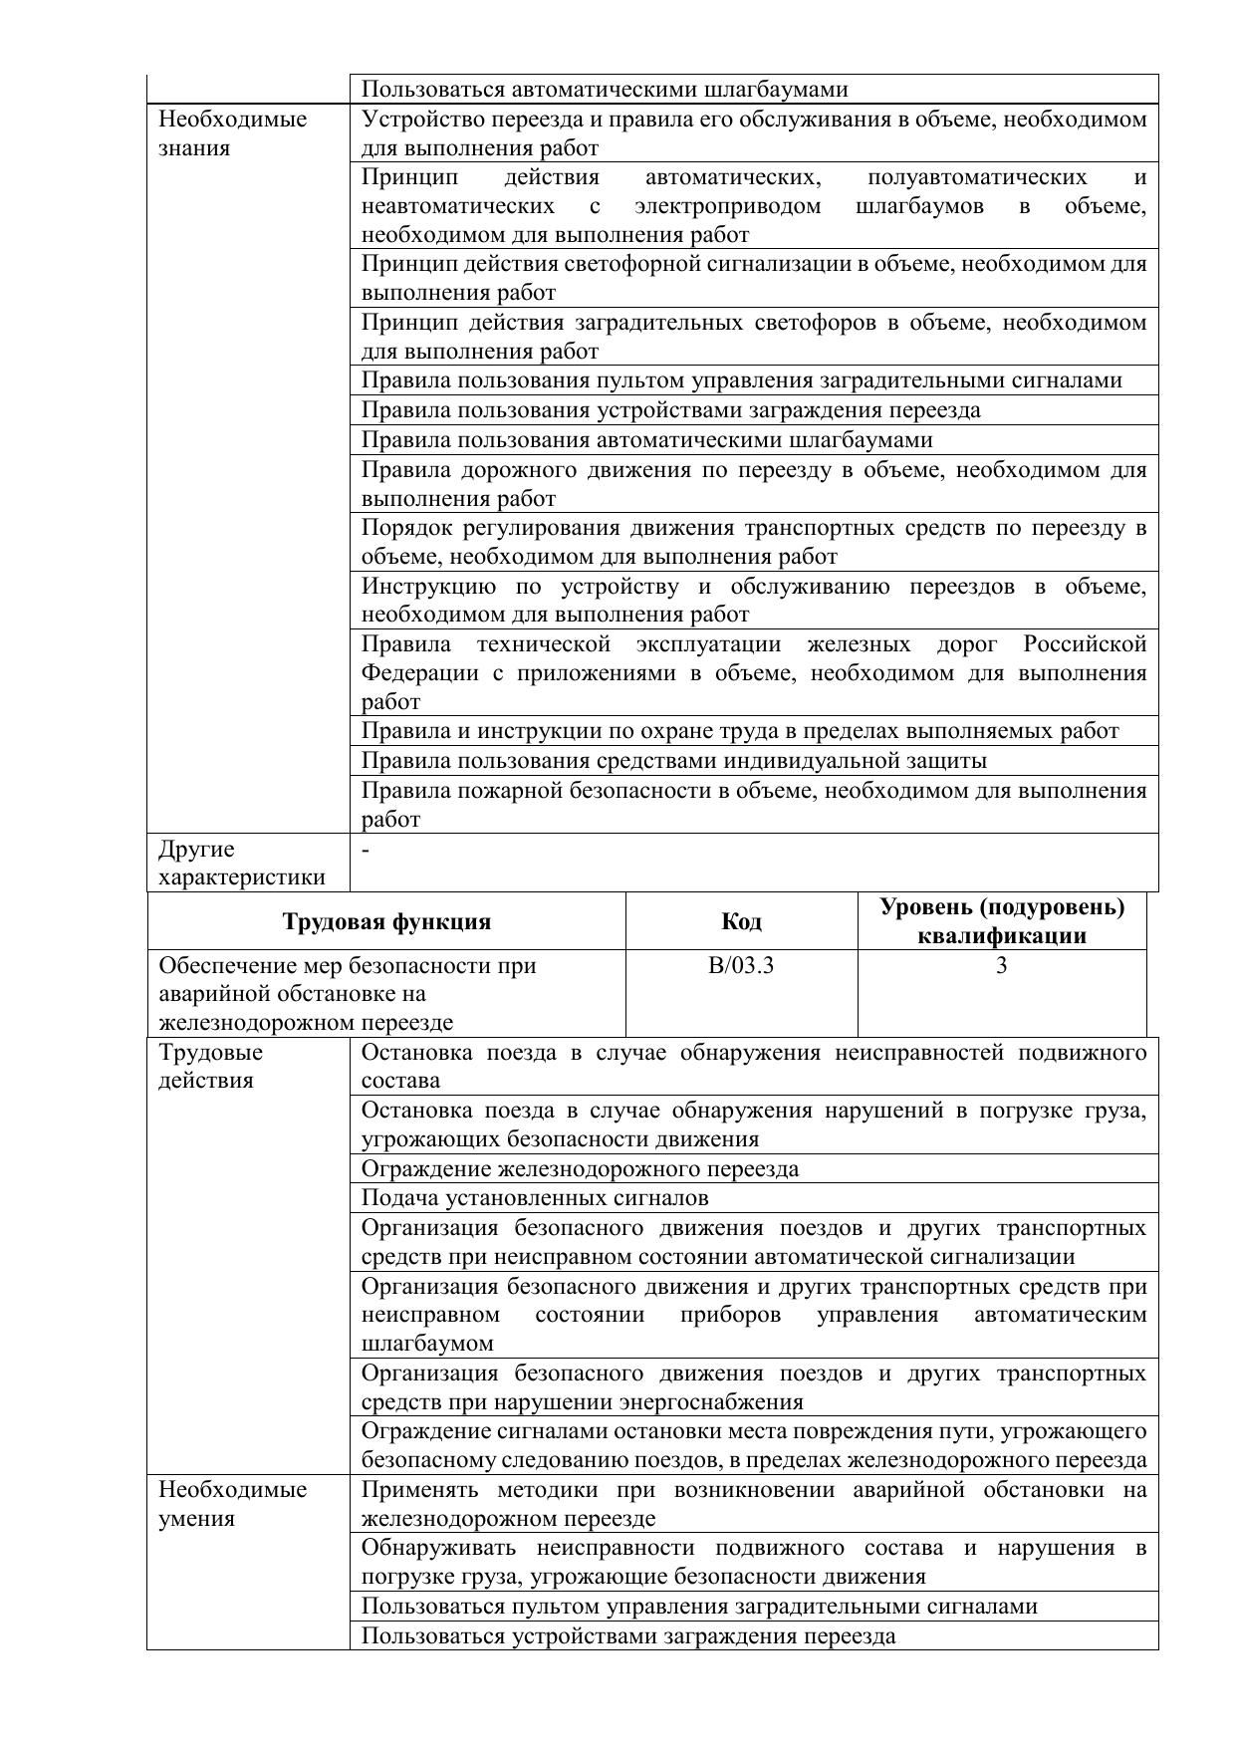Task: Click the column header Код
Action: [x=741, y=921]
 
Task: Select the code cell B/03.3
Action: [x=741, y=965]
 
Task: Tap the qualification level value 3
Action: [x=1001, y=965]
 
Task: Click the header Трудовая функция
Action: [x=386, y=921]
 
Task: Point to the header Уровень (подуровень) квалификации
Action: [x=1001, y=921]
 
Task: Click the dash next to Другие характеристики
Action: [x=367, y=850]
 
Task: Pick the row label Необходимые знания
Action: [x=233, y=133]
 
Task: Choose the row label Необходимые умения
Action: [x=233, y=1504]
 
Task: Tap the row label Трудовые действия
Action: [x=211, y=1067]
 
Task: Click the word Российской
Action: [x=1085, y=644]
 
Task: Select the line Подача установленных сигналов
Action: [x=535, y=1198]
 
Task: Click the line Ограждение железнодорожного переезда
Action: [x=580, y=1169]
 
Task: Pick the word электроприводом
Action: [x=727, y=206]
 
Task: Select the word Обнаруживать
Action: [x=438, y=1548]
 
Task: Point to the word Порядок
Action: [x=404, y=528]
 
